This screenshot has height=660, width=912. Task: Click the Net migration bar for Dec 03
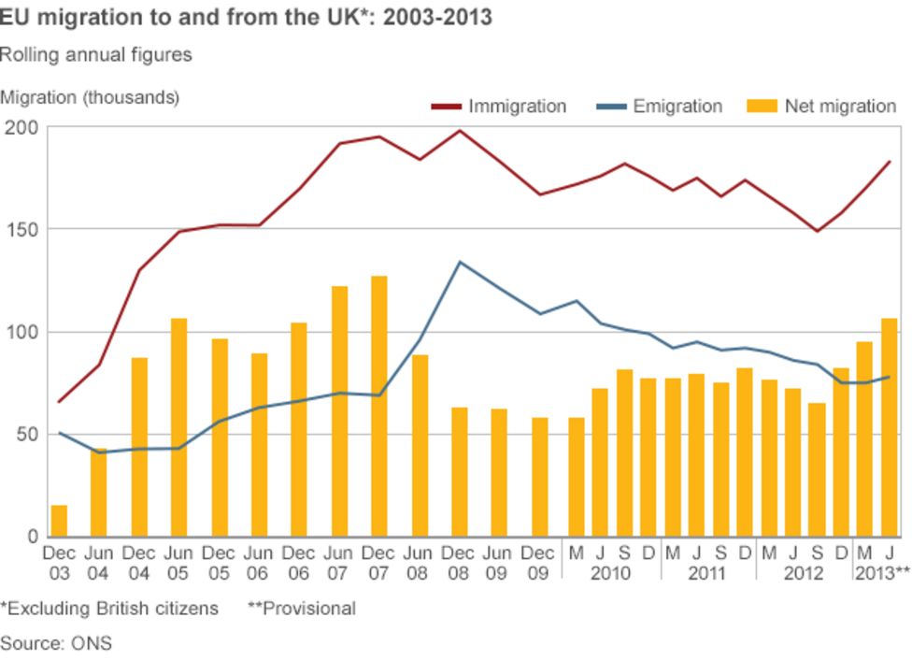[59, 521]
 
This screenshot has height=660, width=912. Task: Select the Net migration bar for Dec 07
[378, 407]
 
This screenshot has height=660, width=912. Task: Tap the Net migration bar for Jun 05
[178, 427]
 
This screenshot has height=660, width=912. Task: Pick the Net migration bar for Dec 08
[459, 472]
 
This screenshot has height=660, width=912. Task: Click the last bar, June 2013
[889, 427]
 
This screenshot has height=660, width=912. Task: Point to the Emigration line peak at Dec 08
[459, 262]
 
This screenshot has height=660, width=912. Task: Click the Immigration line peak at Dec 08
[459, 131]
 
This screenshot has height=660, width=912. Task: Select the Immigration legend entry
[499, 107]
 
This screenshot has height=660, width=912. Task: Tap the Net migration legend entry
[822, 107]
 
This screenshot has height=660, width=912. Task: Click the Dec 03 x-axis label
[59, 563]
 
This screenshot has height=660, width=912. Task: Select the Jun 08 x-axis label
[419, 563]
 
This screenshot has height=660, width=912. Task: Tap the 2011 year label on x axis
[706, 573]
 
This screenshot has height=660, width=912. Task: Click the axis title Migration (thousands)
[90, 96]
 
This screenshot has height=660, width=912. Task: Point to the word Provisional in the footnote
[301, 609]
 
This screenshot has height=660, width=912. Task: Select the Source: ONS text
[56, 643]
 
